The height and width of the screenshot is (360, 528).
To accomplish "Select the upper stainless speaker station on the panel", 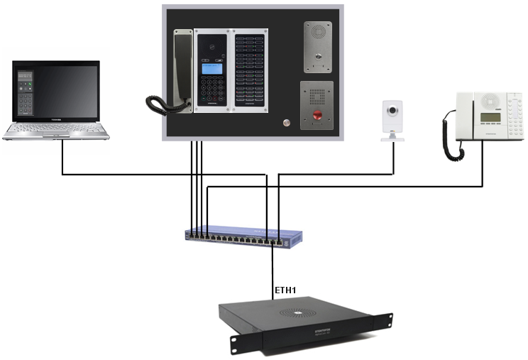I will [319, 46].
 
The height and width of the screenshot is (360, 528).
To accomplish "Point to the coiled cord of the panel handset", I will [162, 104].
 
